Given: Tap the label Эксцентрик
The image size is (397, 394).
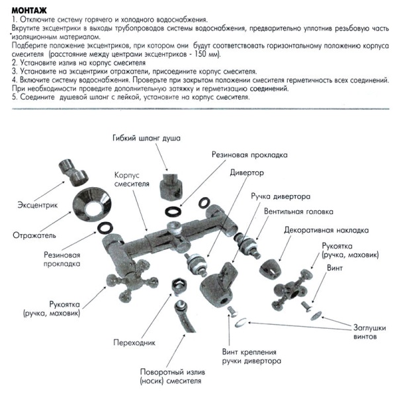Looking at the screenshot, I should [37, 206].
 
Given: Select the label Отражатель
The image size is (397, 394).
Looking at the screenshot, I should [34, 235].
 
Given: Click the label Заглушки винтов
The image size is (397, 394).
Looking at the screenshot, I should [365, 331].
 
